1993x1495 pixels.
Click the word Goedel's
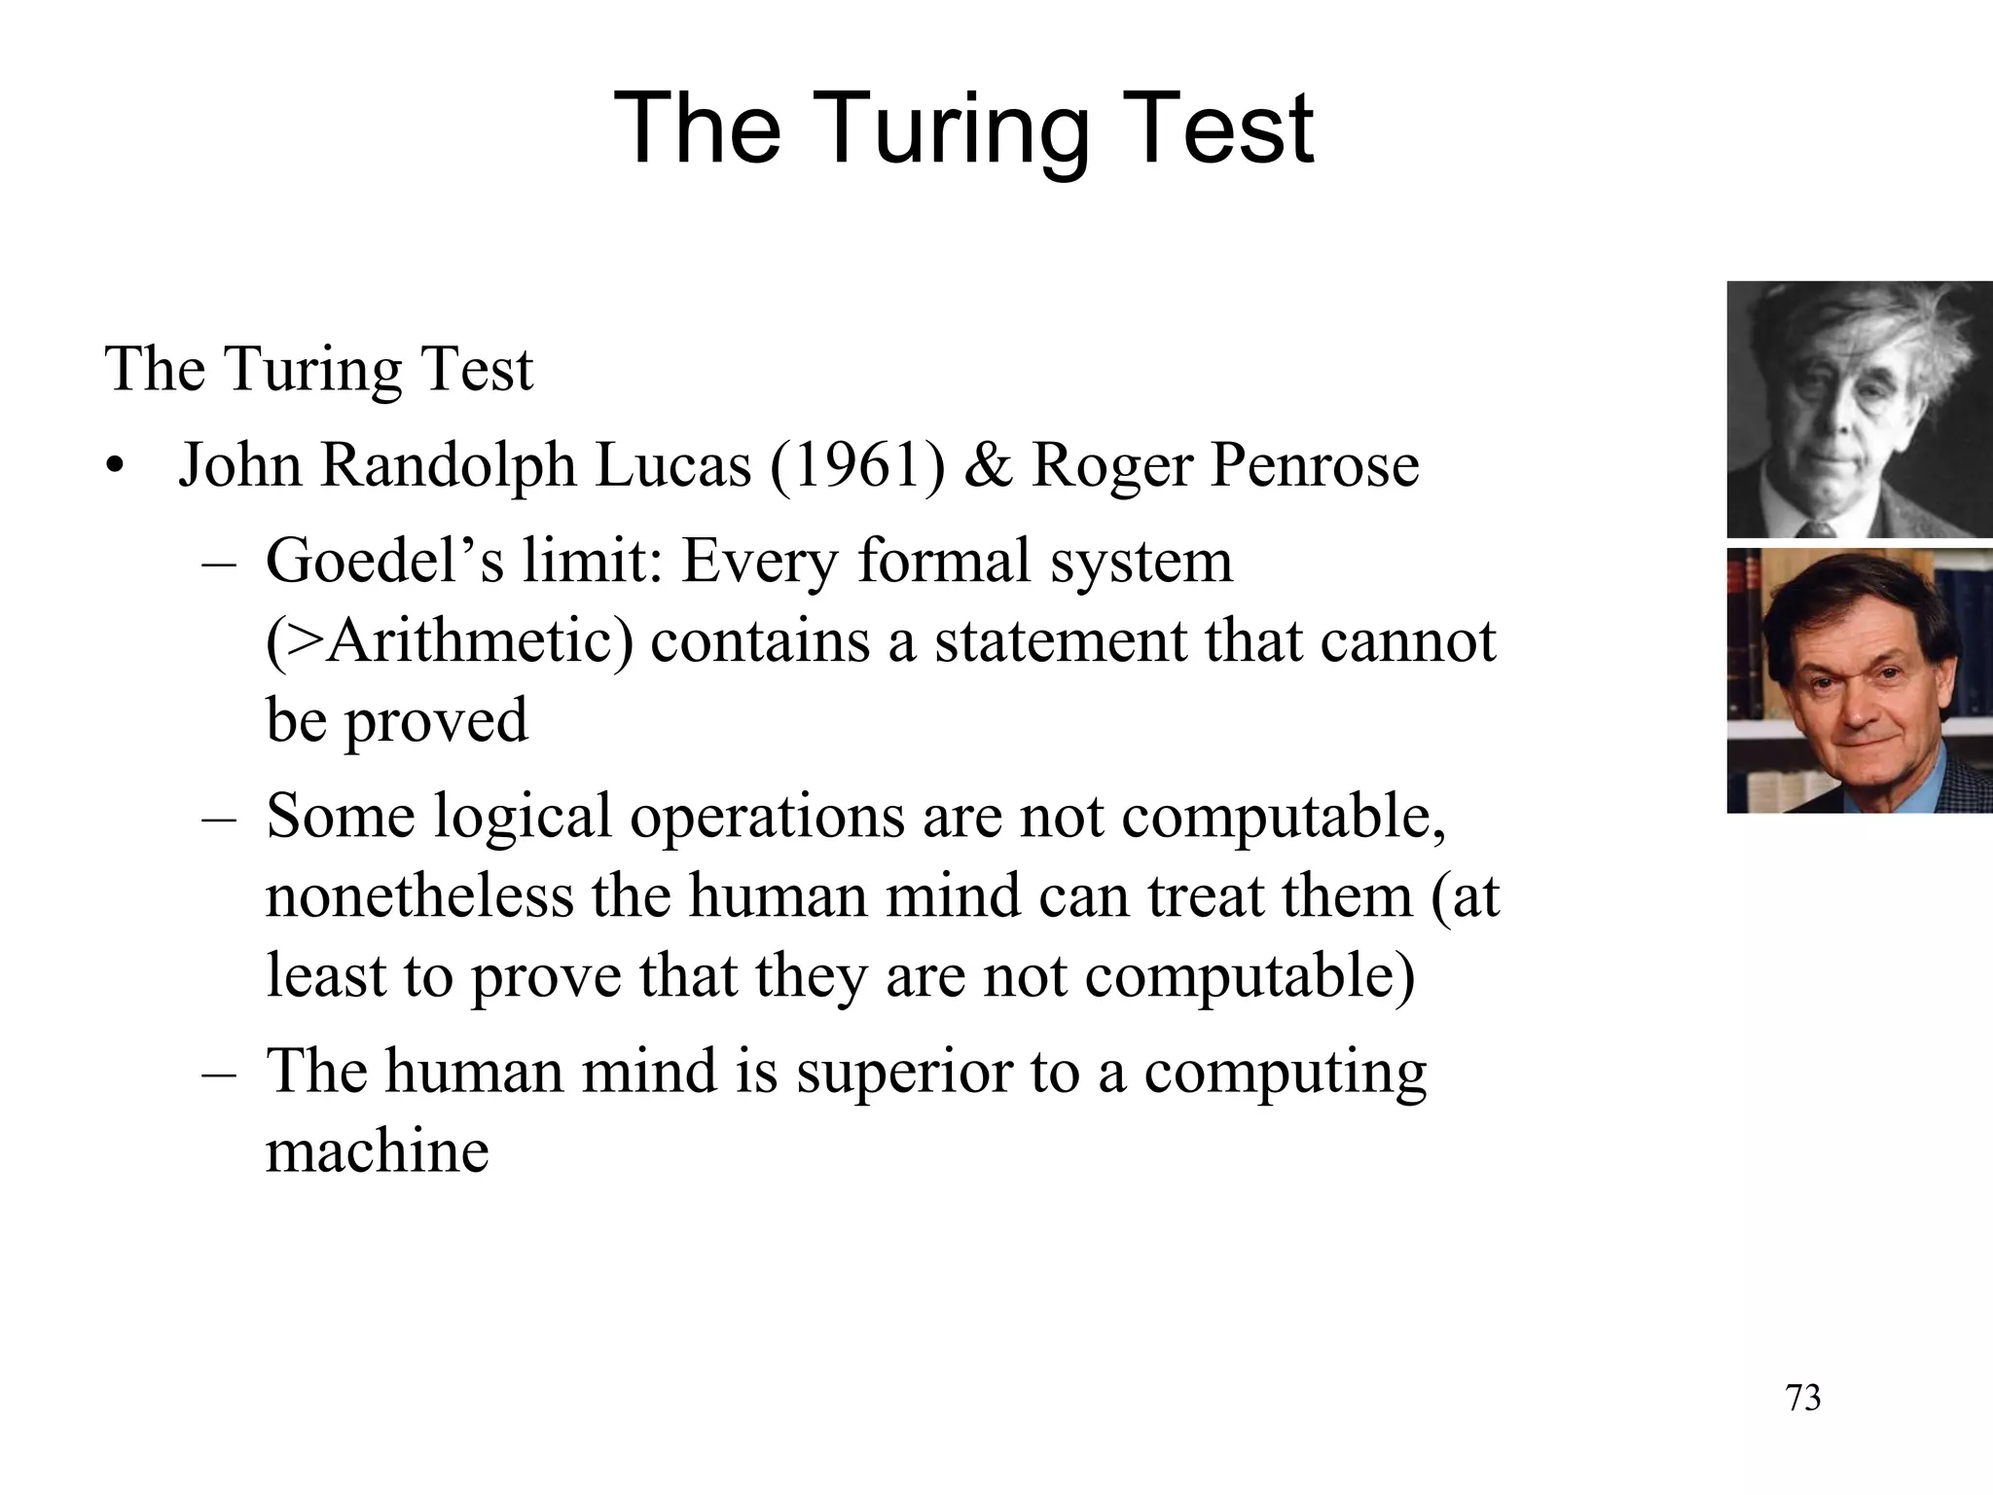tap(384, 562)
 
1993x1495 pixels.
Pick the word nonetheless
tap(419, 895)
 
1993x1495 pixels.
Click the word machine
tap(378, 1151)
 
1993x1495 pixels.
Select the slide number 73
tap(1803, 1398)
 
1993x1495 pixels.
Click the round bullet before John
tap(117, 467)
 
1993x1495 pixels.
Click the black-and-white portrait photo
tap(1859, 409)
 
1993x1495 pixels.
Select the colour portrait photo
tap(1859, 680)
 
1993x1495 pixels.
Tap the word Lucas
tap(673, 465)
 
